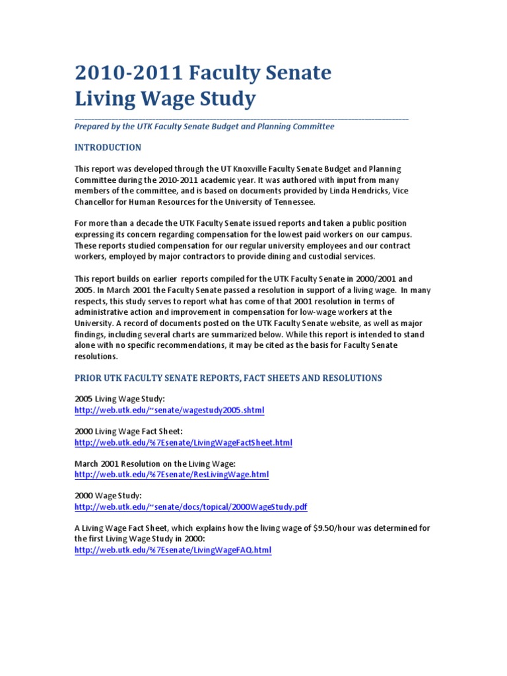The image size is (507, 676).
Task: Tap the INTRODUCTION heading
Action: point(108,147)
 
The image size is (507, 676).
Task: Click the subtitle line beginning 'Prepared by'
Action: point(204,126)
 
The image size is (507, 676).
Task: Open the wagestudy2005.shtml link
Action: point(169,410)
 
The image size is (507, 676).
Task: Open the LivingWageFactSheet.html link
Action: point(183,442)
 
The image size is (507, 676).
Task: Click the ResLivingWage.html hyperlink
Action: point(172,475)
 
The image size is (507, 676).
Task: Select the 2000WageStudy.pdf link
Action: point(191,507)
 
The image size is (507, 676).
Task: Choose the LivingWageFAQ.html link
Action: point(173,550)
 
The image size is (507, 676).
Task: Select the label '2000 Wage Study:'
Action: point(108,496)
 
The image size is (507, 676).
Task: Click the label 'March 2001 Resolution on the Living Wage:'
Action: point(155,464)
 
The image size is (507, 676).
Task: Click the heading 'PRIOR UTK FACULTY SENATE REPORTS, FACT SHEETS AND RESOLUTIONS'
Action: point(228,378)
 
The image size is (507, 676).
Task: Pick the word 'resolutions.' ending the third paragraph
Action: point(96,356)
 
